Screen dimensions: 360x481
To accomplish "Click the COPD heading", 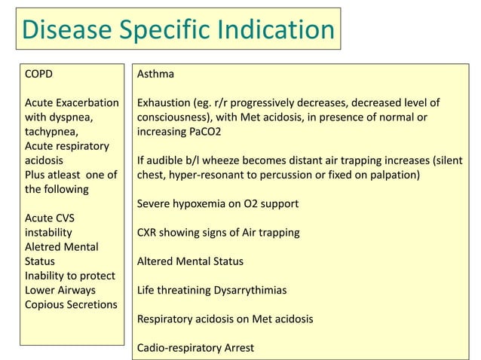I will point(40,75).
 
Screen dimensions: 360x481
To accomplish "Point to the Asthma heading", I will point(155,75).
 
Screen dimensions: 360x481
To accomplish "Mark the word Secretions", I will point(93,304).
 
